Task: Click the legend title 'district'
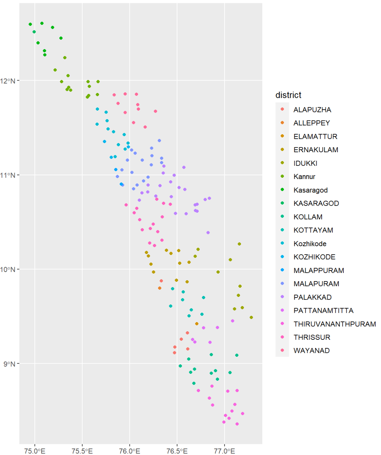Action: click(x=288, y=95)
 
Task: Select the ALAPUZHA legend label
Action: click(x=312, y=110)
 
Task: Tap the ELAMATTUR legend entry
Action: click(x=315, y=136)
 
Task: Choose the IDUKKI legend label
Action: click(x=305, y=163)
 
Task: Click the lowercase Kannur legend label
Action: click(x=304, y=177)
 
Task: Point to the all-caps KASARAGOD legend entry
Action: click(x=316, y=203)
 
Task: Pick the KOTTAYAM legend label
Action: click(x=313, y=230)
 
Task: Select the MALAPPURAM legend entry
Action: click(x=319, y=270)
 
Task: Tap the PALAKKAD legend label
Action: click(x=312, y=297)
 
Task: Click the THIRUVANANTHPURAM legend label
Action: click(x=334, y=324)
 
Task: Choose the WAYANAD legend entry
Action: click(x=311, y=351)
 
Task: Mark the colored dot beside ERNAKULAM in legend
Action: click(x=282, y=150)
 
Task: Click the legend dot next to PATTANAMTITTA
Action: click(x=282, y=310)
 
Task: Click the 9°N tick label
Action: click(x=10, y=364)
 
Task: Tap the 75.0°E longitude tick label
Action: click(x=35, y=451)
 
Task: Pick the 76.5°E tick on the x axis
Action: click(x=177, y=451)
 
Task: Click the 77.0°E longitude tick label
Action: click(x=225, y=451)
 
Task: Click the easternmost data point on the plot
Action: click(x=251, y=318)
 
